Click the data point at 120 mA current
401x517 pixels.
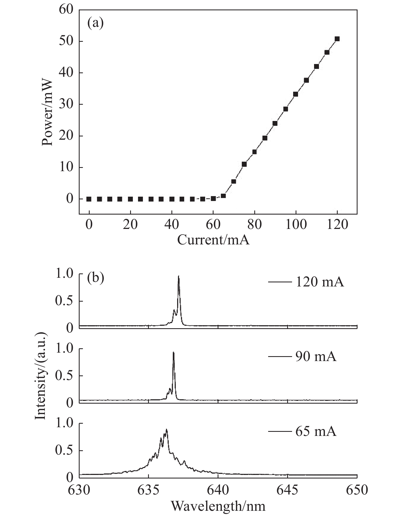coord(337,39)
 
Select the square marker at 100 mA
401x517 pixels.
coord(296,94)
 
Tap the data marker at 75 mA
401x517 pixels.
coord(244,164)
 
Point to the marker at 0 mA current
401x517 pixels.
coord(89,199)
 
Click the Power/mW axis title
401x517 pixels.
coord(47,112)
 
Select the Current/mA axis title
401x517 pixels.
coord(213,240)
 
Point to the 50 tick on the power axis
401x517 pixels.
coord(66,41)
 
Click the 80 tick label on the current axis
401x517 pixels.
coord(254,225)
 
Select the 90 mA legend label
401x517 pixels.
coord(316,356)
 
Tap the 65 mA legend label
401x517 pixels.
coord(316,431)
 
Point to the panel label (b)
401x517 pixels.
coord(96,279)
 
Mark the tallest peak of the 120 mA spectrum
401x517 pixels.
coord(178,276)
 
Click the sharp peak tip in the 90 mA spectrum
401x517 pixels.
coord(173,352)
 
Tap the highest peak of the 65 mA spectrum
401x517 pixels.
coord(166,429)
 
